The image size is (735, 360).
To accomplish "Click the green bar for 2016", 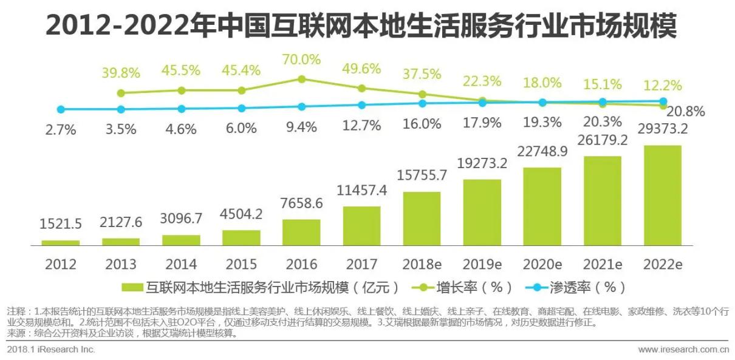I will point(301,233).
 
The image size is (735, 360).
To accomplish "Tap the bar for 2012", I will point(60,242).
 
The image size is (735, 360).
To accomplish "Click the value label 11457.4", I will point(362,191).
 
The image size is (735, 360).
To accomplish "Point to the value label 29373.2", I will point(663,129).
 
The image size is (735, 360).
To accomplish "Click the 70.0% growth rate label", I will point(301,59).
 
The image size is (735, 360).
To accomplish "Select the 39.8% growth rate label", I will point(121,73).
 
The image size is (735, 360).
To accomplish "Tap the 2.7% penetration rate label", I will point(60,129).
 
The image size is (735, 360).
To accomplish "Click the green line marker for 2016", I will point(301,79).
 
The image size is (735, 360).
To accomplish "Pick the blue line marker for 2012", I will point(60,109).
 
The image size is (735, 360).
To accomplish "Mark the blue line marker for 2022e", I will point(663,101).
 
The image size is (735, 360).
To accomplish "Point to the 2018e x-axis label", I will point(422,265).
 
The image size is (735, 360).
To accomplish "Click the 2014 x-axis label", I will point(181,265).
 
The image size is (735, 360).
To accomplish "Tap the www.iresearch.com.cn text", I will point(683,350).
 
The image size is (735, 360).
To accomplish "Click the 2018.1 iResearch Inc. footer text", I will point(51,350).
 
